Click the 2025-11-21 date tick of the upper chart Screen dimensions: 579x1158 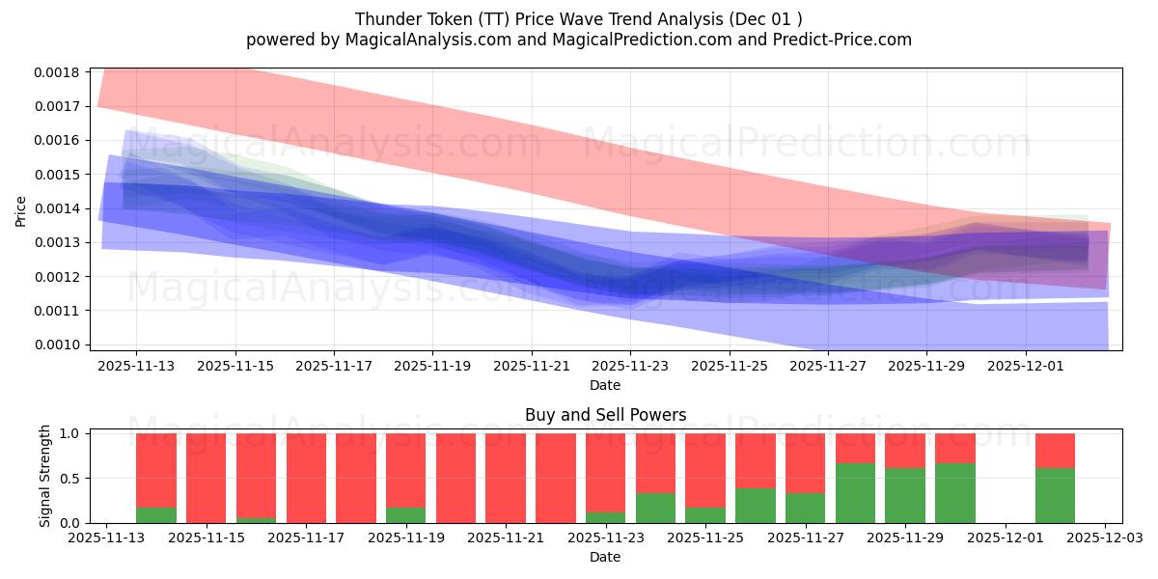(531, 367)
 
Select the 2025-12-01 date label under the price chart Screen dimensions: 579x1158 (1025, 367)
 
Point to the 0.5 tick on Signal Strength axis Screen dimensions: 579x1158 (71, 479)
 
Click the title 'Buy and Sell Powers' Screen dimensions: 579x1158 (605, 416)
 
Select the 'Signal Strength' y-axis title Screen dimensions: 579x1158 (43, 476)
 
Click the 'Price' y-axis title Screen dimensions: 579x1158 (21, 210)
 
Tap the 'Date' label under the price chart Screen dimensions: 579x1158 (605, 385)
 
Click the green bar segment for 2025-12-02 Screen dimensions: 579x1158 (1055, 495)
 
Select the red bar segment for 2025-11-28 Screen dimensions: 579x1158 (855, 448)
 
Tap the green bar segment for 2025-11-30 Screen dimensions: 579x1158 (955, 493)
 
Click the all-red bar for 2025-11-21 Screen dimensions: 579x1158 (506, 478)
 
